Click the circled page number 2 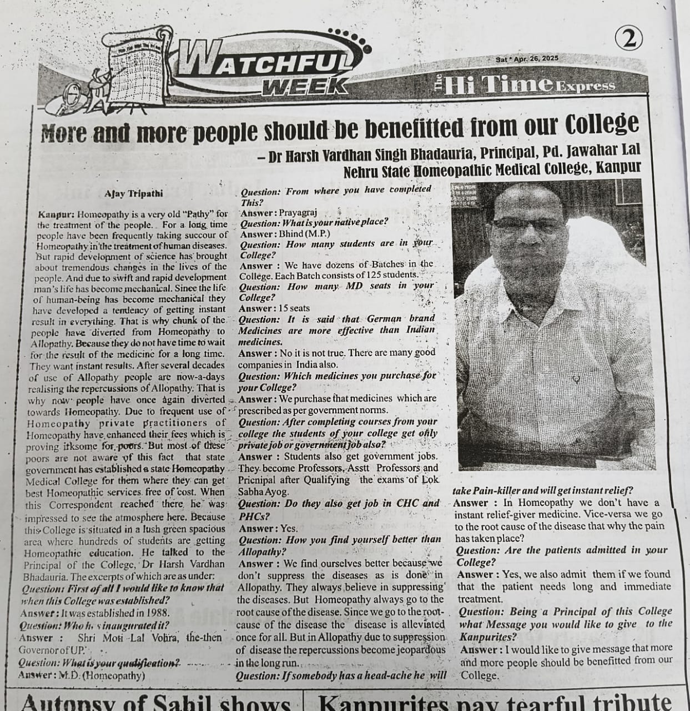point(629,39)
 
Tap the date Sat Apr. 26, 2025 point(527,59)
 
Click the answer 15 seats point(294,308)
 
